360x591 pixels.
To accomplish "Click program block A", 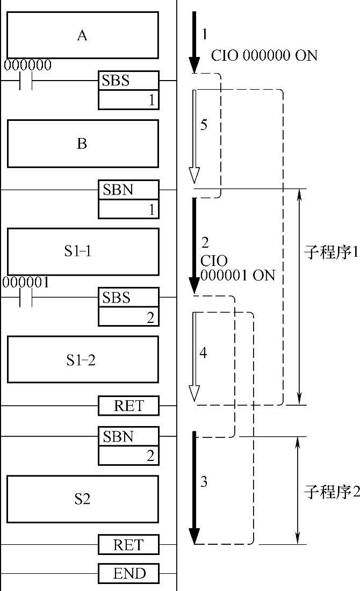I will (82, 35).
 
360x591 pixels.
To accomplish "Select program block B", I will (82, 143).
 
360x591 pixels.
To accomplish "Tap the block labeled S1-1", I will (82, 251).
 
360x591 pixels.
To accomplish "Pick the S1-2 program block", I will (82, 359).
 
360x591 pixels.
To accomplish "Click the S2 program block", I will (82, 499).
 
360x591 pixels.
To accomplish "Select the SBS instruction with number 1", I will (128, 90).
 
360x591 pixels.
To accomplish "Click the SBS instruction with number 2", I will (128, 306).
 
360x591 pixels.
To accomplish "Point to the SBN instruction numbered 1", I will (128, 199).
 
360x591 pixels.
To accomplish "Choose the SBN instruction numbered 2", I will (128, 445).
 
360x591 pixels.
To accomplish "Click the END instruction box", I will (129, 573).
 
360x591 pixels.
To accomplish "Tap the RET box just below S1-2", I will (129, 406).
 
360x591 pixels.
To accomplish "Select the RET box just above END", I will (129, 544).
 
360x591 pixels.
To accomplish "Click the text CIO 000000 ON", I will (264, 55).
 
